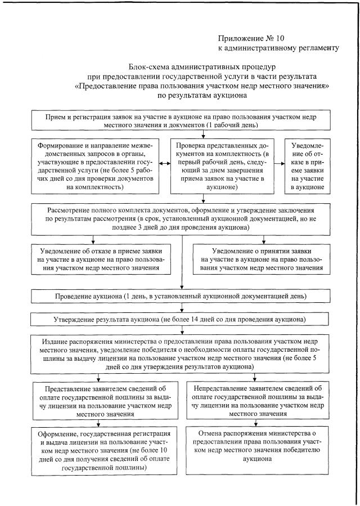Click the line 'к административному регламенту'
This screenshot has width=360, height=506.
[x=278, y=48]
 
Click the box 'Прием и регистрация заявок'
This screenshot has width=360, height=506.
[x=180, y=120]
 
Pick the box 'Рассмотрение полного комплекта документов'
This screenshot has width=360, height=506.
[x=180, y=214]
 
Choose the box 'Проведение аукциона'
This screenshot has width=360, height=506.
[x=180, y=295]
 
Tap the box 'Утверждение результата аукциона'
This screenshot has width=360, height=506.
[x=180, y=319]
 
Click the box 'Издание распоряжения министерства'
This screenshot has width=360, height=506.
[x=180, y=353]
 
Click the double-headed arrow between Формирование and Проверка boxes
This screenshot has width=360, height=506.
[x=165, y=164]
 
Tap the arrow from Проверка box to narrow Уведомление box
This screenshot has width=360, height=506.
[x=278, y=164]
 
